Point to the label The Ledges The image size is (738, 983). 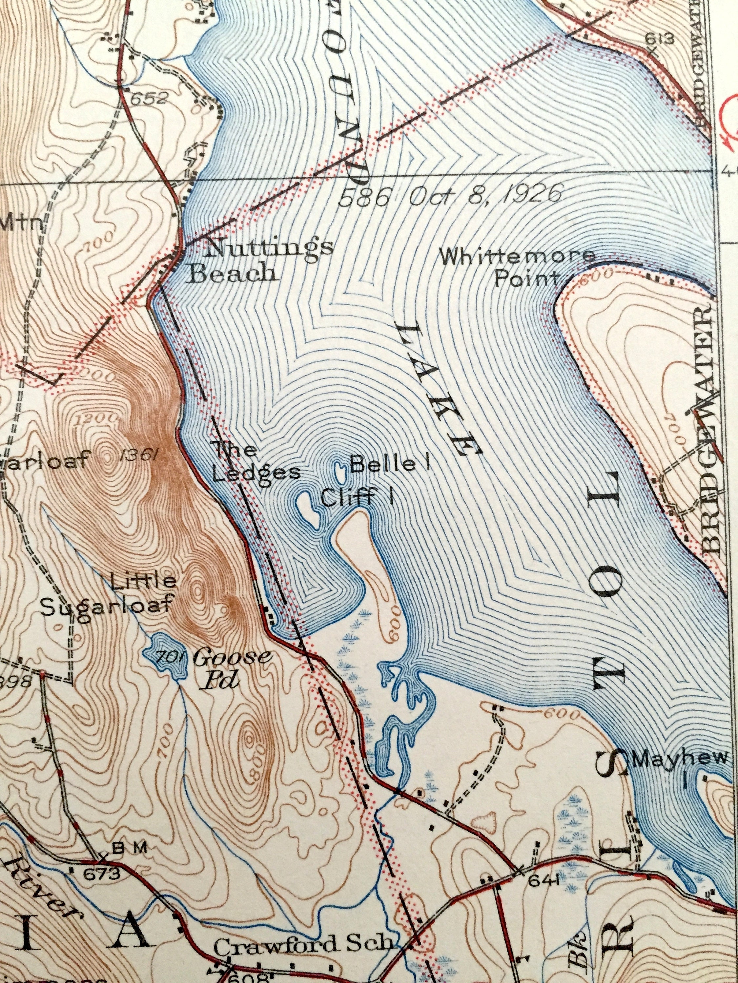[249, 462]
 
